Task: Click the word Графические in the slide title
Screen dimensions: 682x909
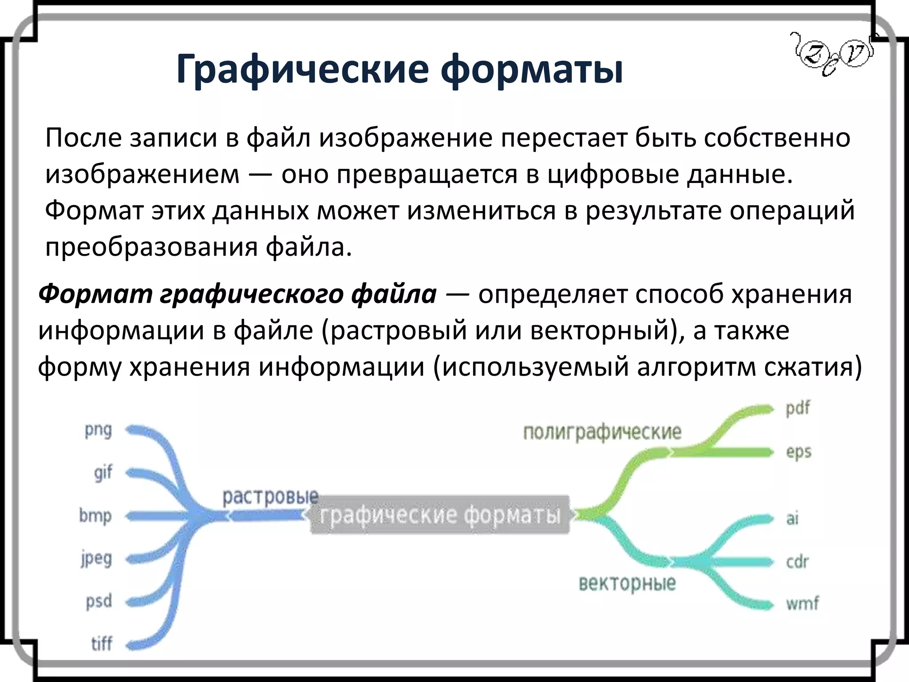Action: click(302, 70)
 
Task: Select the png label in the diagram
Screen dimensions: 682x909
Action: click(99, 430)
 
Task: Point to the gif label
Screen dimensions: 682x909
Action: click(103, 472)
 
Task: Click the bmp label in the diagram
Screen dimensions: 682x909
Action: click(95, 516)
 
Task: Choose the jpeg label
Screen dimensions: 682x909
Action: click(96, 559)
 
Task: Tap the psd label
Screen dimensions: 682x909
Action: click(99, 602)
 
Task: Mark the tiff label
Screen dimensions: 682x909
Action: click(102, 644)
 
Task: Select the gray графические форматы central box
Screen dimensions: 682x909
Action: click(439, 515)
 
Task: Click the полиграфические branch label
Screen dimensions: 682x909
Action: click(602, 432)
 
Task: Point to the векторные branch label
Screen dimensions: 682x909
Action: click(627, 583)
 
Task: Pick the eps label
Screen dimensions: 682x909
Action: click(798, 452)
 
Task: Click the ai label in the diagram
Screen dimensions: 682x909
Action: click(792, 518)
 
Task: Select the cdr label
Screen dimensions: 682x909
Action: click(797, 562)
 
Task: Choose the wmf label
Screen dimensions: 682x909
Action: click(802, 603)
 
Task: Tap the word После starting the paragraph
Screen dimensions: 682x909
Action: click(83, 138)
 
